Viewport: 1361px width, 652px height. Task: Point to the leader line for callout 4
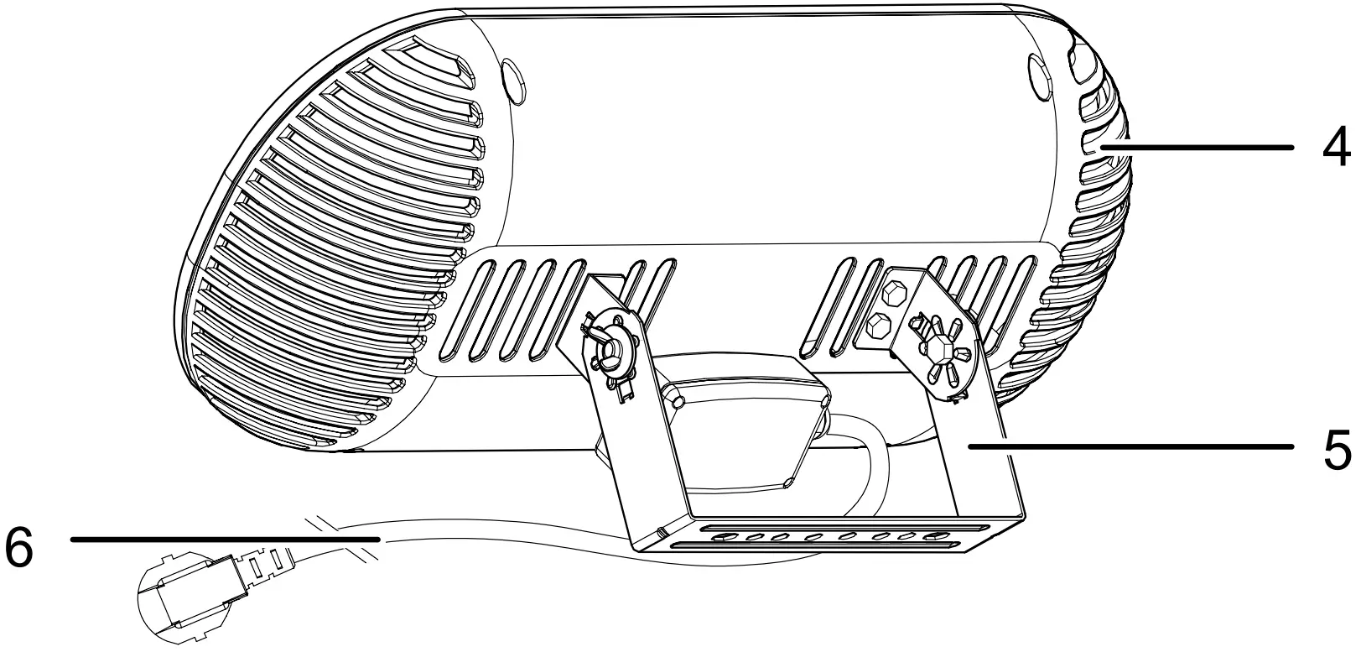pyautogui.click(x=1199, y=147)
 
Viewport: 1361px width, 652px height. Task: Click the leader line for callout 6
pyautogui.click(x=226, y=540)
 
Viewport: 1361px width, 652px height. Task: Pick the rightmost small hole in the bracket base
pyautogui.click(x=931, y=535)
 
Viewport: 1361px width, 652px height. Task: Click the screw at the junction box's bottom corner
pyautogui.click(x=788, y=482)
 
